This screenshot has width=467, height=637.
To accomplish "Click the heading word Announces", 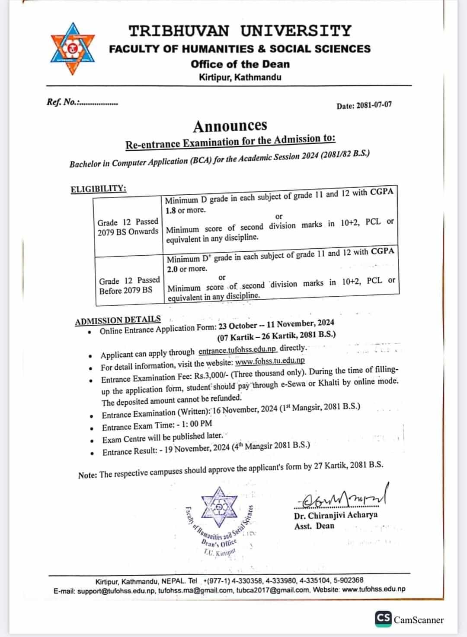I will coord(230,126).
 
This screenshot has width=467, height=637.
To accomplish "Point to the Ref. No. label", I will coord(62,102).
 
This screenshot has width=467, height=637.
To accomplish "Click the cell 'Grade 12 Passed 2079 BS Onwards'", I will coord(128,227).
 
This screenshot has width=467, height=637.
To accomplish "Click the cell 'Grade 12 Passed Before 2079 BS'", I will coord(129,285).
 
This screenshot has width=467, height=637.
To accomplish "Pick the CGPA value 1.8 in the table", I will coord(171,211).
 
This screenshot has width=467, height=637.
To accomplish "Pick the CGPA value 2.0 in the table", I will coord(173,269).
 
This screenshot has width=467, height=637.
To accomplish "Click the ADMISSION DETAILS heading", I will coord(118,320).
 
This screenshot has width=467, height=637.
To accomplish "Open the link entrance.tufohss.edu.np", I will coord(237,351).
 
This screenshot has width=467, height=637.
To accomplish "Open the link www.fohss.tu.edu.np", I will coord(270,361).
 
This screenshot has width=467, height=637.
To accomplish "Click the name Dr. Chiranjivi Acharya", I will coord(336,515).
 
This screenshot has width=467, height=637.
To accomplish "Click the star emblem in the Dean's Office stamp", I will coord(220,507).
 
